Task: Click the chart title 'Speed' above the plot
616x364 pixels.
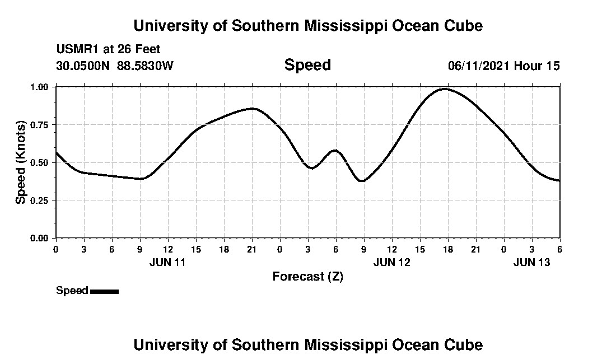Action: coord(307,65)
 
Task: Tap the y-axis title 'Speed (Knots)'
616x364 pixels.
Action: coord(21,162)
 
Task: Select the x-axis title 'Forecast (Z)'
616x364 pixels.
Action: coord(307,277)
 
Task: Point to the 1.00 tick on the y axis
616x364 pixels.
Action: coord(39,87)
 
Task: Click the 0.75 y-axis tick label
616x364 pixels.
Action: coord(39,125)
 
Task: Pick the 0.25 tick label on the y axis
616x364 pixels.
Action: coord(39,200)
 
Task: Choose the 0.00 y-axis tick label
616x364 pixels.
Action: coord(39,239)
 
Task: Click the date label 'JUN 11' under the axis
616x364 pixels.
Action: coord(167,262)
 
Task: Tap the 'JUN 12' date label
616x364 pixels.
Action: coord(391,262)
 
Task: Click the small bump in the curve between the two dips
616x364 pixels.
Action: coord(335,150)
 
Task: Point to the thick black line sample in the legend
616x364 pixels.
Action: coord(104,291)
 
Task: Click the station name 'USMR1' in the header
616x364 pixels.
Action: coord(76,50)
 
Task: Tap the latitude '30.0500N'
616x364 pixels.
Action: coord(83,66)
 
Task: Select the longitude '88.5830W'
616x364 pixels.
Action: coord(145,66)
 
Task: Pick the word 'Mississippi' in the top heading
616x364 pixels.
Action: coord(343,26)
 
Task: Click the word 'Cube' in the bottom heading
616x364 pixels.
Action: coord(466,344)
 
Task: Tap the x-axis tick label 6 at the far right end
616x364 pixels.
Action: coord(559,249)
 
